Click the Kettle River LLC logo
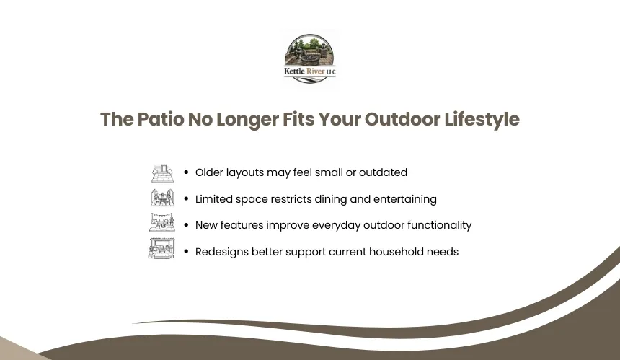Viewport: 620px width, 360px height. [x=309, y=59]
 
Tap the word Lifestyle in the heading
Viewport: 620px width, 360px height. [x=482, y=120]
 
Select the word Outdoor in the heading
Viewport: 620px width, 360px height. [x=402, y=119]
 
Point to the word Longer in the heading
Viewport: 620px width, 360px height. [x=247, y=120]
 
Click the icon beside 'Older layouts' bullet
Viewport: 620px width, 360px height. [x=162, y=173]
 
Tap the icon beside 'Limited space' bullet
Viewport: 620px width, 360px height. [x=162, y=198]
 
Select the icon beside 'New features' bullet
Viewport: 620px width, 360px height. [x=162, y=222]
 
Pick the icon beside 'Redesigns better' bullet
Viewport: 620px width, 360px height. [x=161, y=248]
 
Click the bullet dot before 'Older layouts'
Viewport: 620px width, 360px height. [x=186, y=172]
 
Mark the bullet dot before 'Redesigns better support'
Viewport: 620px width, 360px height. [x=186, y=251]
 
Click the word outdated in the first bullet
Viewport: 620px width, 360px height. [x=383, y=172]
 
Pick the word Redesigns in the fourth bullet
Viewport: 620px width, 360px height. [x=222, y=253]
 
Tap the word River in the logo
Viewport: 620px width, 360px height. [x=316, y=71]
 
